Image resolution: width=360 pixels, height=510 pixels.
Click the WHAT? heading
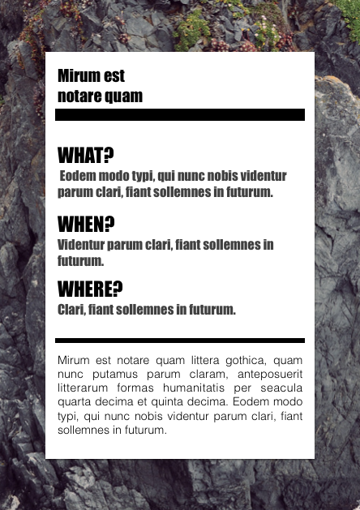click(x=86, y=155)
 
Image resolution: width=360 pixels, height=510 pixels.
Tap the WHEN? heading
click(x=86, y=223)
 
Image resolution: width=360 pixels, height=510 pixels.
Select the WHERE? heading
click(x=90, y=288)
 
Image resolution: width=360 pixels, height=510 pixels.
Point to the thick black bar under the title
click(x=179, y=114)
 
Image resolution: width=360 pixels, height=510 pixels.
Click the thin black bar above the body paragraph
click(x=179, y=341)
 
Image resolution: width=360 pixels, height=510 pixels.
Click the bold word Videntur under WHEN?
click(x=81, y=245)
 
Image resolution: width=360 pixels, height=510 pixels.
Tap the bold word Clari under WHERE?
click(x=71, y=310)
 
